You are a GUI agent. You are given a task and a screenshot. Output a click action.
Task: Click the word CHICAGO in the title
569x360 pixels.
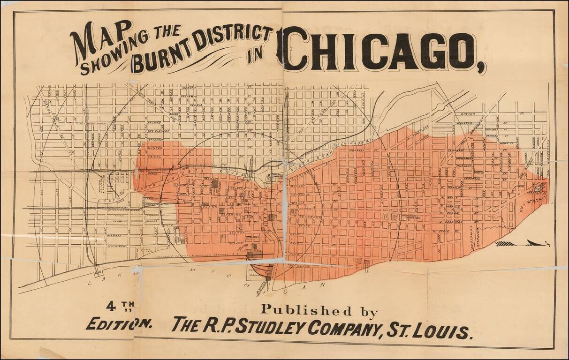[380, 49]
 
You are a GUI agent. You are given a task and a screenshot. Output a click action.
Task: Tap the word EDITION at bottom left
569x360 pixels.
[119, 323]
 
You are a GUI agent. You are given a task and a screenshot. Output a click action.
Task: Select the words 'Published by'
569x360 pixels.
[319, 310]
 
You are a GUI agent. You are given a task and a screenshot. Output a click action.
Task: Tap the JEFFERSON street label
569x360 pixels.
[155, 140]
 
